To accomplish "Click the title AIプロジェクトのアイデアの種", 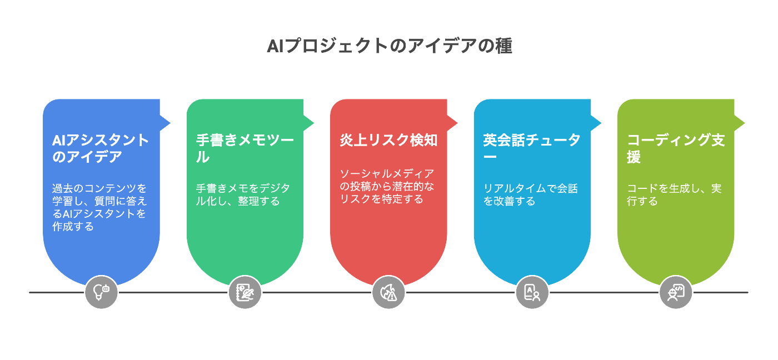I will click(x=389, y=46).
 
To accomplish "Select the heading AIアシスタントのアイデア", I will click(x=101, y=148).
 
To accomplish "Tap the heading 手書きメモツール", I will click(x=245, y=148).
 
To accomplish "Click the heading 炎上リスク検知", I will click(x=388, y=141).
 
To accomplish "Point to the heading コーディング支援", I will click(x=676, y=148).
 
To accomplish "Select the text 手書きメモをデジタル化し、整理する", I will click(x=242, y=194).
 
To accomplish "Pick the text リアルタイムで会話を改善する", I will click(x=530, y=194).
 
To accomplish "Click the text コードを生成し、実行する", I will click(x=674, y=194).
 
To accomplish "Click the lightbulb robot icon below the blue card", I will click(x=102, y=292).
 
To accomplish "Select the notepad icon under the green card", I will click(x=245, y=292).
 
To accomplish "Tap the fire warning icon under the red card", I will click(x=388, y=292).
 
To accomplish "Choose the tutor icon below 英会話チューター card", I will click(x=532, y=292).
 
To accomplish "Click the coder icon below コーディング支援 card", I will click(x=676, y=292).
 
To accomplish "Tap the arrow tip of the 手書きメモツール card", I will click(x=312, y=122).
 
